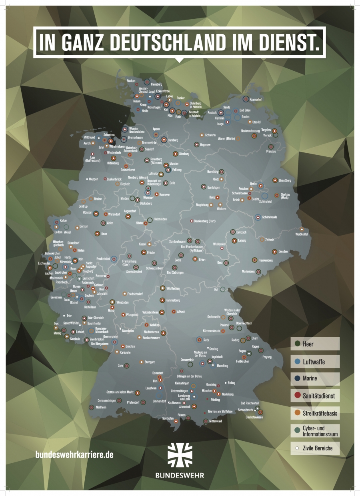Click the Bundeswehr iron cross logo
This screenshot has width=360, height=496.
pyautogui.click(x=180, y=455)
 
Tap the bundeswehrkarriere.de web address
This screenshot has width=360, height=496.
pyautogui.click(x=74, y=455)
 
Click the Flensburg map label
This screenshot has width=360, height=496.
pyautogui.click(x=156, y=84)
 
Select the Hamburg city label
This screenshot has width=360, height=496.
pyautogui.click(x=173, y=140)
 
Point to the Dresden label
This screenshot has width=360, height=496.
pyautogui.click(x=283, y=252)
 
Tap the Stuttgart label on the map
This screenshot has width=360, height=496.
pyautogui.click(x=149, y=362)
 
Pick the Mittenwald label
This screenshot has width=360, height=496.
pyautogui.click(x=215, y=421)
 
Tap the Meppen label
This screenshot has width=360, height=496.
pyautogui.click(x=93, y=179)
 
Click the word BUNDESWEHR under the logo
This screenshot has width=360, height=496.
pyautogui.click(x=180, y=476)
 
